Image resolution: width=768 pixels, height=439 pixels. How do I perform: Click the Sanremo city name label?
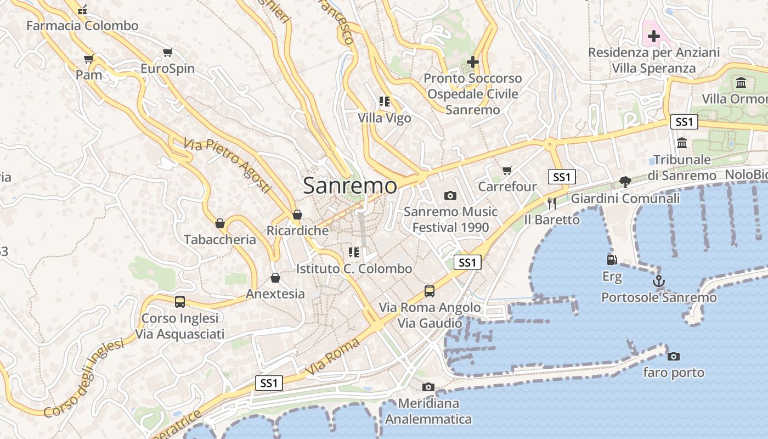(350, 185)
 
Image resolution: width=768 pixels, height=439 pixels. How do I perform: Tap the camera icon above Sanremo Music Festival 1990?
(450, 195)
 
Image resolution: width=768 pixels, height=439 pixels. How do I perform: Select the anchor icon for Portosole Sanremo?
(658, 282)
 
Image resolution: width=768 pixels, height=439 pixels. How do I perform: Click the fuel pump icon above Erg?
(612, 260)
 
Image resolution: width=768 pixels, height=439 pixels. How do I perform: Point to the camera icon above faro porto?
(674, 356)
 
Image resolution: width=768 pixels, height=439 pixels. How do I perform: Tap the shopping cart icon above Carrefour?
(507, 170)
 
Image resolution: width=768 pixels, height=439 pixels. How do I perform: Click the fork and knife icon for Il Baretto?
(551, 203)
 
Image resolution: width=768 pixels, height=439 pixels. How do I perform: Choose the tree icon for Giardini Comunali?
(624, 182)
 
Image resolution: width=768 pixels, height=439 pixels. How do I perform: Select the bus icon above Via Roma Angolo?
(430, 291)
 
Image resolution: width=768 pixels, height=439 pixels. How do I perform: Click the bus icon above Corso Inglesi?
(180, 301)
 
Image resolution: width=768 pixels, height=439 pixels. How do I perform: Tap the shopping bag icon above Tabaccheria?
(220, 223)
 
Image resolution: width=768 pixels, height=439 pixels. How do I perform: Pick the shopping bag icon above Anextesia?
(275, 278)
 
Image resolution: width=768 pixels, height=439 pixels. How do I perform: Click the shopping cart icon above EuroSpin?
(167, 53)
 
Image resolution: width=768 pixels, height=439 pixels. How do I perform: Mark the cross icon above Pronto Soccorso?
(472, 62)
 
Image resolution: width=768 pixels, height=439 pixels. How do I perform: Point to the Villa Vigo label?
(384, 118)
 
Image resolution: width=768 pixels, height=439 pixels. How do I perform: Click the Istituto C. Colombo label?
(354, 269)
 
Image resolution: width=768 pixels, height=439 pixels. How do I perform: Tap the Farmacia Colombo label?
(82, 26)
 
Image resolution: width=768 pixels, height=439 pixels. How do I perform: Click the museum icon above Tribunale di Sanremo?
(682, 143)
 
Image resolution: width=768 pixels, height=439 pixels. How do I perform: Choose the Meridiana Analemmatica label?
(428, 412)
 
